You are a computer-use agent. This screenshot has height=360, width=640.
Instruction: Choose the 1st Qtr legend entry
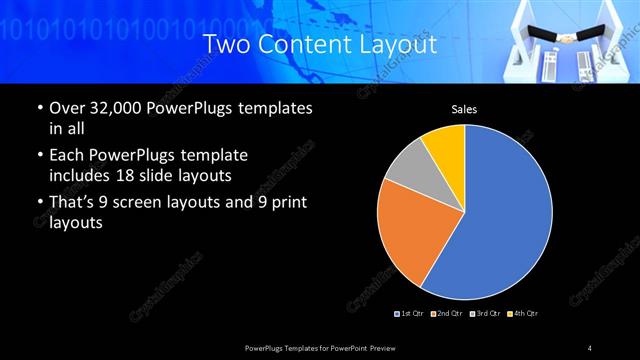(x=410, y=314)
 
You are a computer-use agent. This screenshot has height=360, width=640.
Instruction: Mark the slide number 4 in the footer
(x=590, y=347)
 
